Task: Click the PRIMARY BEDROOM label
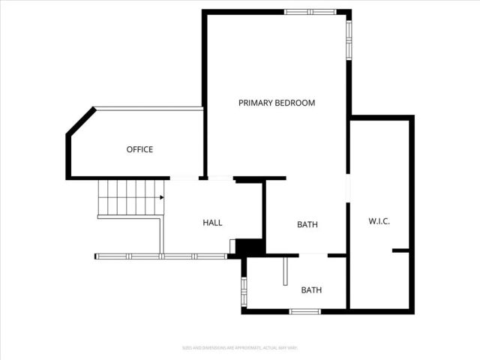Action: click(x=277, y=103)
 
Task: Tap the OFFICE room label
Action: click(x=139, y=149)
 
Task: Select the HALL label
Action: click(x=212, y=222)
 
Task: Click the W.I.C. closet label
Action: click(x=379, y=221)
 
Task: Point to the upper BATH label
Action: click(x=307, y=224)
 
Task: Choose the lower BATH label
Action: click(x=311, y=289)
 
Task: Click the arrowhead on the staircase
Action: click(x=161, y=198)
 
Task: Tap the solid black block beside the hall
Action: click(x=250, y=246)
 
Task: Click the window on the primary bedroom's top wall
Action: click(x=310, y=11)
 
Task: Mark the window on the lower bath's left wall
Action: click(x=244, y=289)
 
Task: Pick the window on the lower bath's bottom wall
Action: click(x=305, y=311)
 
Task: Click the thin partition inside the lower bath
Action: click(x=286, y=272)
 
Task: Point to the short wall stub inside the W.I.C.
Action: click(x=401, y=250)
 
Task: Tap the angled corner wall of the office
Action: click(x=81, y=121)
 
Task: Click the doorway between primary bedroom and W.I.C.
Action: click(x=348, y=188)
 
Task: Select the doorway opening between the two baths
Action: click(x=313, y=255)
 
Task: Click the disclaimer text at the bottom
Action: click(x=240, y=347)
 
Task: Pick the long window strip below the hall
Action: click(x=161, y=256)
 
